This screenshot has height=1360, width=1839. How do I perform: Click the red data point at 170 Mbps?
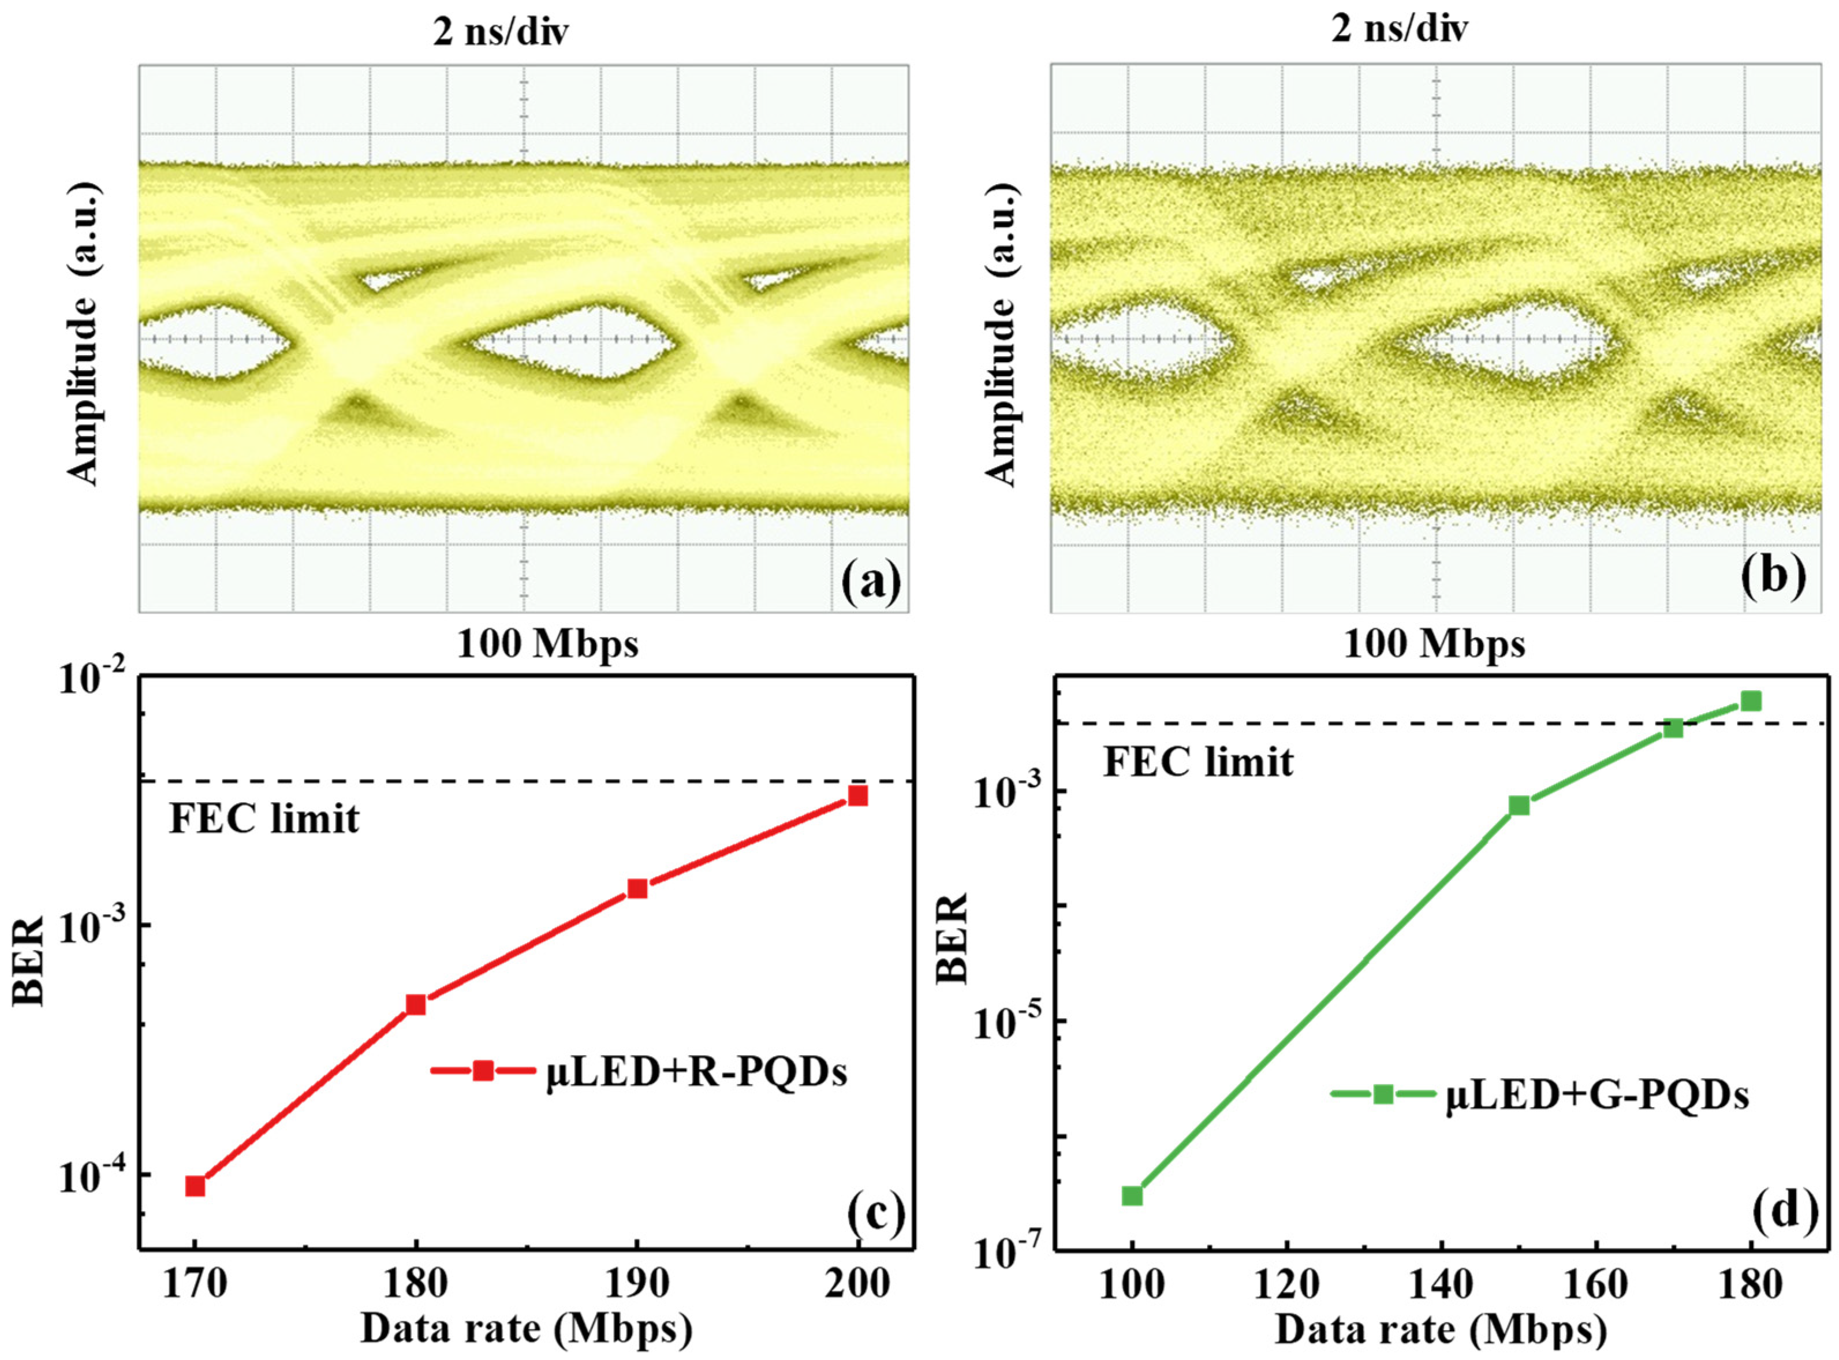tap(195, 1186)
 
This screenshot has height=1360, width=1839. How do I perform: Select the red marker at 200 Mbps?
tap(858, 795)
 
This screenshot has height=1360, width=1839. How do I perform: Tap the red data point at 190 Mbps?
tap(637, 888)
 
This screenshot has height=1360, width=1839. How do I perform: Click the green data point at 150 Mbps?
tap(1519, 805)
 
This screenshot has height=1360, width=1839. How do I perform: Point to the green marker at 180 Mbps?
tap(1751, 701)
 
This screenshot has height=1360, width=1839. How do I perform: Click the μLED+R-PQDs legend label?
tap(696, 1074)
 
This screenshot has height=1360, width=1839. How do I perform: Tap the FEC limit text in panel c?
tap(264, 819)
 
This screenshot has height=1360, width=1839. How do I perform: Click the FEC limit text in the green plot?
tap(1198, 762)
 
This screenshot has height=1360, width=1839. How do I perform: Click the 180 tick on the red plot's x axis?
tap(416, 1285)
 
